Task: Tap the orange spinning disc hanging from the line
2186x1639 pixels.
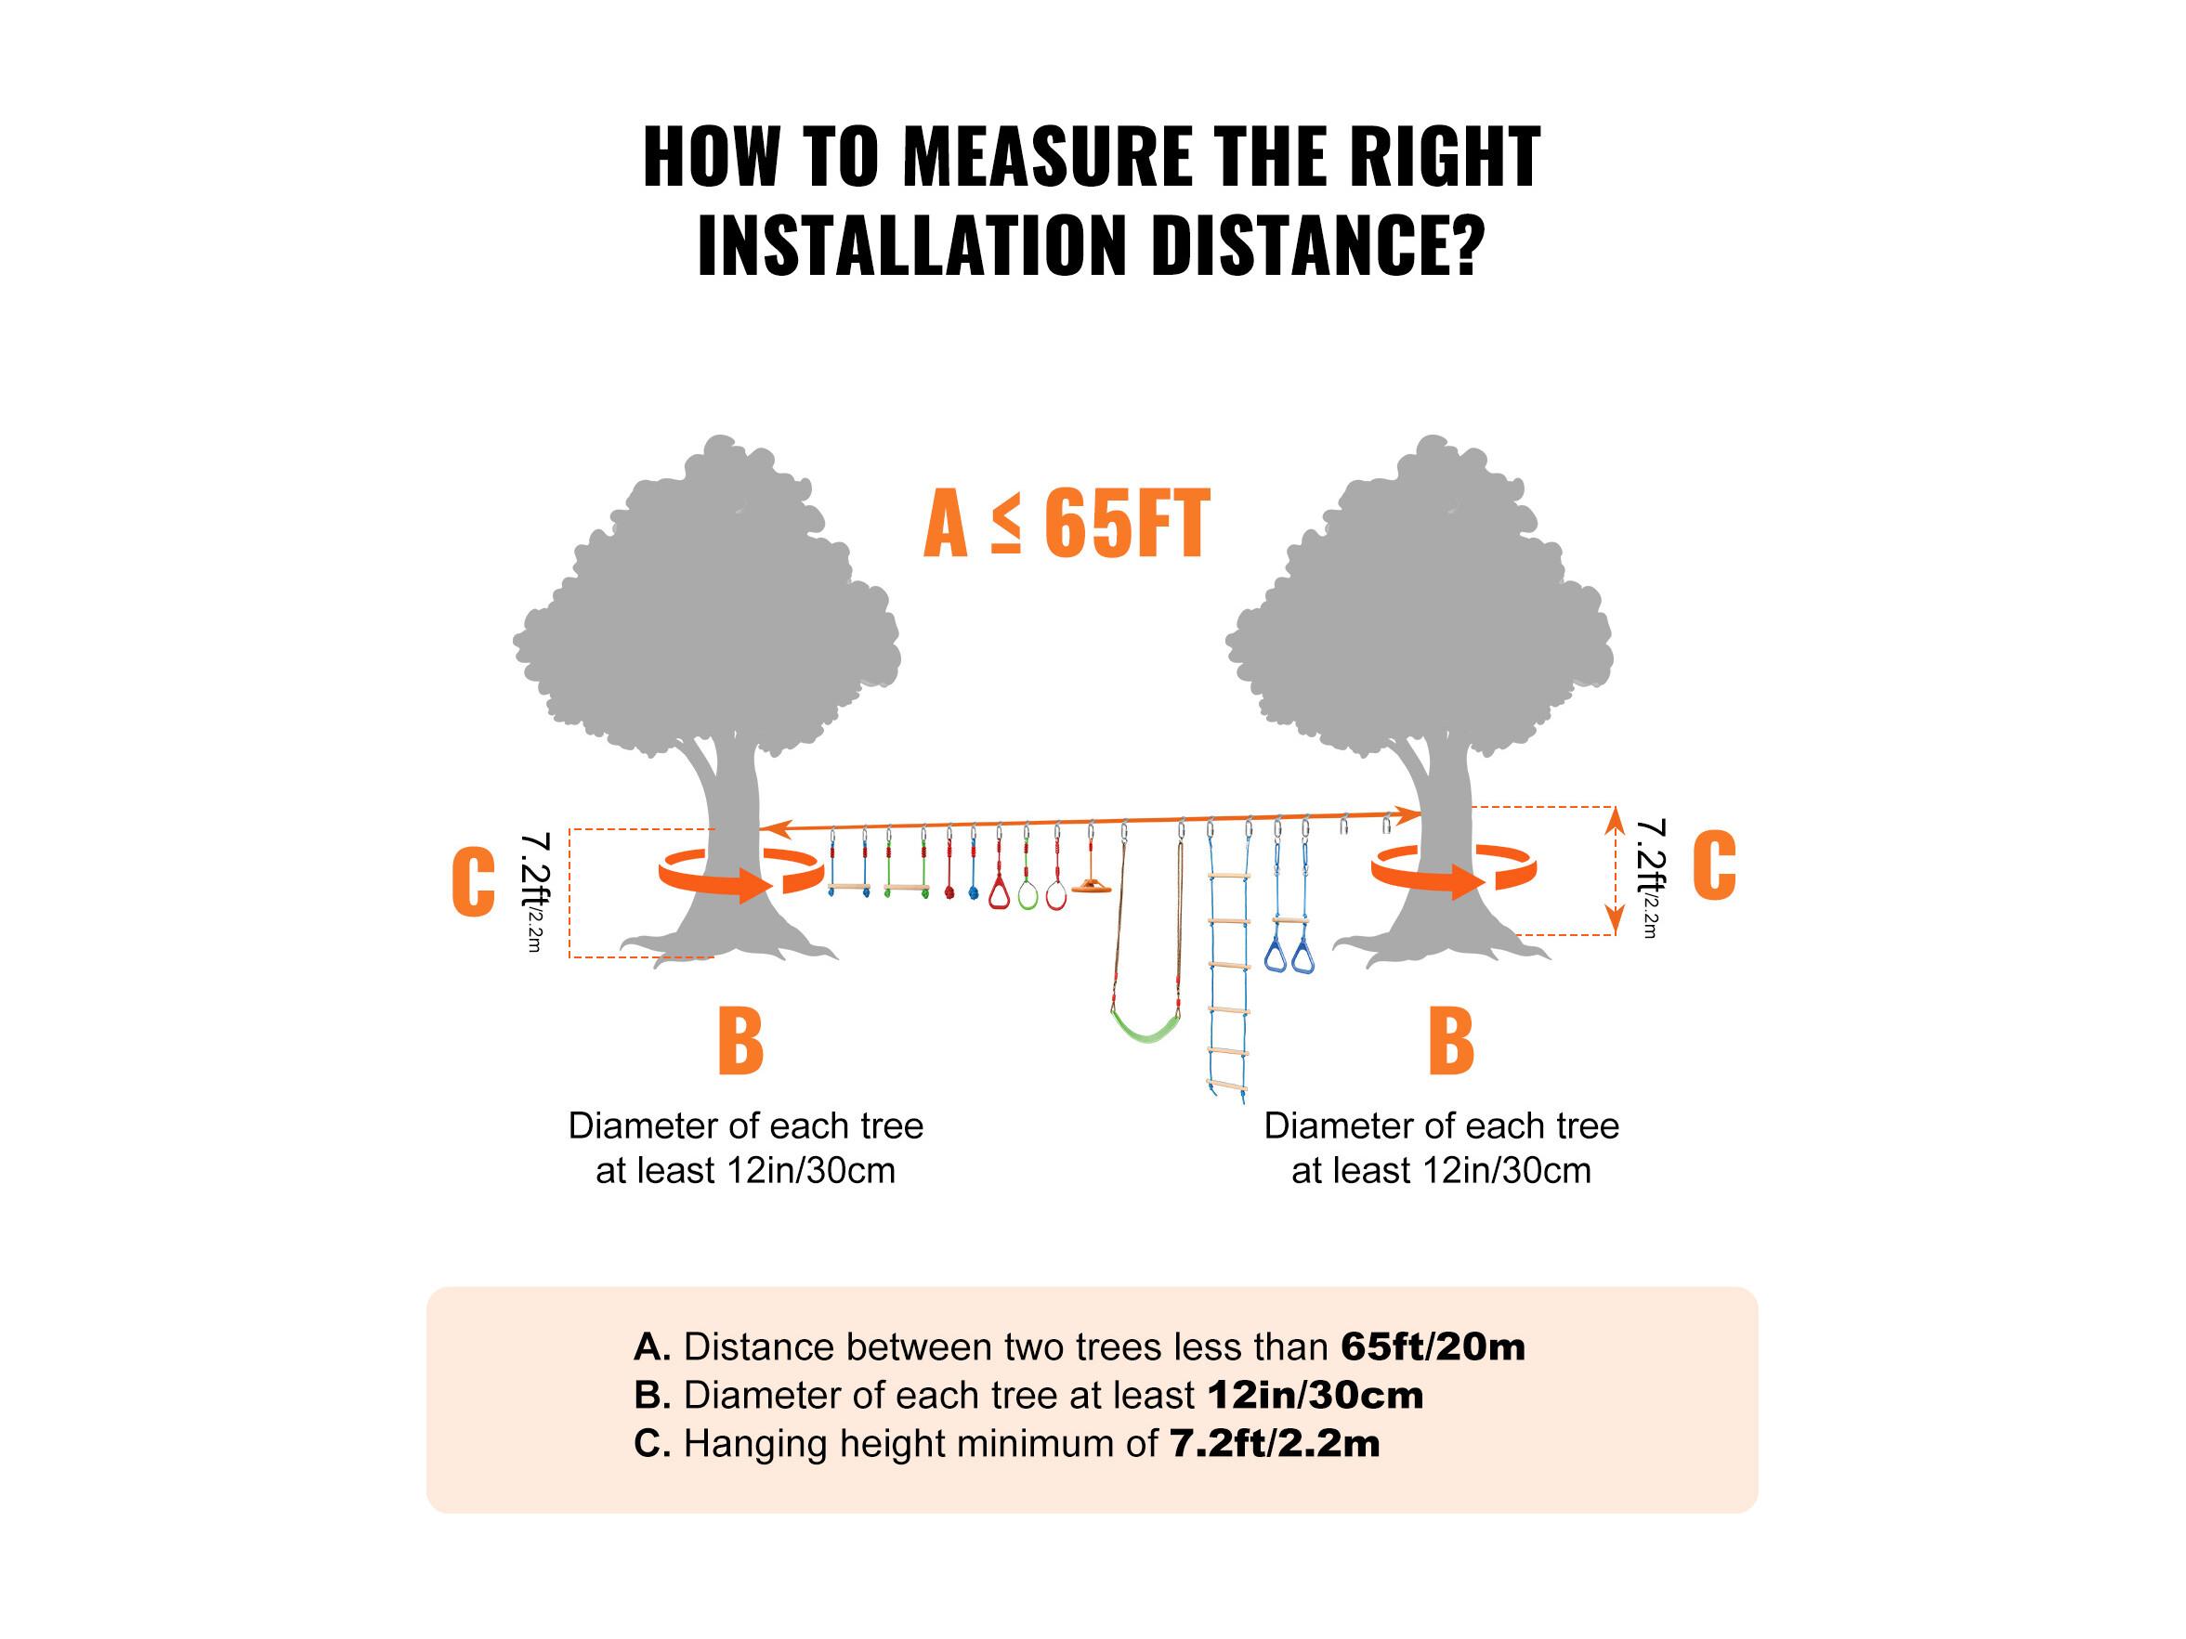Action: tap(1091, 885)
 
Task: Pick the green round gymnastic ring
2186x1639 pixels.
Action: tap(1028, 895)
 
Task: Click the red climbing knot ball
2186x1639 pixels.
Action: tap(949, 892)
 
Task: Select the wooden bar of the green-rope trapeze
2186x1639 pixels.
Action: tap(905, 888)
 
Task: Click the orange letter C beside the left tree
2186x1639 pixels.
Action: tap(474, 882)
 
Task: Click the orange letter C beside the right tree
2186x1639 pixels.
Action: tap(1715, 865)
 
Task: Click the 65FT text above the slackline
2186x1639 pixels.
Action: tap(1127, 524)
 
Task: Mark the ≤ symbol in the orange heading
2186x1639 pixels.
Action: tap(1006, 524)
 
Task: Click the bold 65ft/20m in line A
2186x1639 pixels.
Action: tap(1433, 1347)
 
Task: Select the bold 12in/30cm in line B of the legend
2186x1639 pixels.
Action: tap(1316, 1396)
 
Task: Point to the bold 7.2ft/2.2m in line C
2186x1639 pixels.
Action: tap(1275, 1444)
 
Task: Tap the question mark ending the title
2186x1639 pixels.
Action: tap(1469, 245)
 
